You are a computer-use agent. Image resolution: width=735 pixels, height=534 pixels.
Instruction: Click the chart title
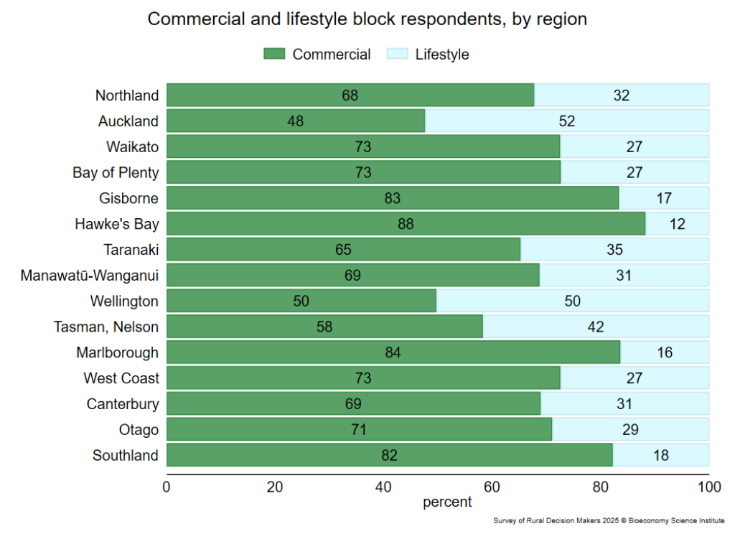tap(367, 19)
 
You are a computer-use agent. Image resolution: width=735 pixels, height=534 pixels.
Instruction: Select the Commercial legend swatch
tap(274, 55)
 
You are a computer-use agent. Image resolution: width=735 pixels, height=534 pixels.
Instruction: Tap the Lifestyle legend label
tap(441, 55)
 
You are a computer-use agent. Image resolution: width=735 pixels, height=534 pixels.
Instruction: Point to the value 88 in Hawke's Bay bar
tap(406, 224)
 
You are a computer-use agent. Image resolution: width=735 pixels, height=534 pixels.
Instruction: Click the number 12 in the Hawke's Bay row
tap(677, 224)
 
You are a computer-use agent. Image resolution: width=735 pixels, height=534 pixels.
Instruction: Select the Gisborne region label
tap(129, 198)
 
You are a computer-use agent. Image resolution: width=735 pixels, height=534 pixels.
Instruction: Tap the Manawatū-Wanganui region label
tap(90, 275)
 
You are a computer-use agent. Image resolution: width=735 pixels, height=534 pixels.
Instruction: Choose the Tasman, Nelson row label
tap(106, 327)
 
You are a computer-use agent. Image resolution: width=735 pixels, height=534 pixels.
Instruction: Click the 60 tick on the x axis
tap(492, 487)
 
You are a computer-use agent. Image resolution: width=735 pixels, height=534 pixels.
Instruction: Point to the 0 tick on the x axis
tap(167, 487)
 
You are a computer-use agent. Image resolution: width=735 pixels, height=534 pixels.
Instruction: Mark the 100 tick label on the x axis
tap(708, 487)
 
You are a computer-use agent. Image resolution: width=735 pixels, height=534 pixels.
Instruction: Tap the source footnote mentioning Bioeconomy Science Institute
tap(609, 520)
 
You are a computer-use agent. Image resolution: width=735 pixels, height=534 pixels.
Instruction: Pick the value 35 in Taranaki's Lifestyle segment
tap(614, 250)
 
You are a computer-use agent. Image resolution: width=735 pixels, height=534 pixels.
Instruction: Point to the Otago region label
tap(139, 430)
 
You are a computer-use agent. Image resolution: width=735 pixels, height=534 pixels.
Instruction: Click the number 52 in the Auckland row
tap(567, 121)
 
